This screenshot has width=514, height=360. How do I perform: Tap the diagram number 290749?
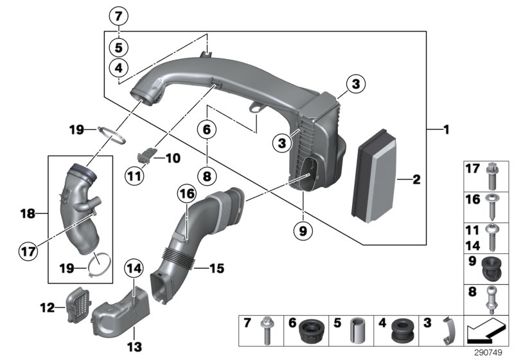click(x=490, y=352)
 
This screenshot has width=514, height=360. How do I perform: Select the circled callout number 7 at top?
click(x=120, y=15)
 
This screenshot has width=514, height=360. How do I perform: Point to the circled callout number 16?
click(x=186, y=193)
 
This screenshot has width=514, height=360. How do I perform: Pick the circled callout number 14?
click(x=133, y=267)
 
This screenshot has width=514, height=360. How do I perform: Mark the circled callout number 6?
click(x=206, y=130)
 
